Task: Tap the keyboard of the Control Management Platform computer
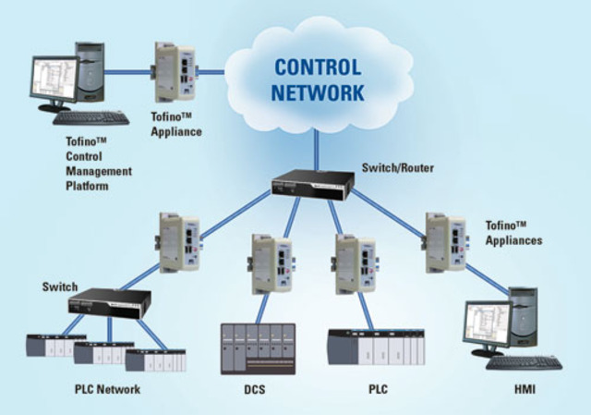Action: click(x=90, y=118)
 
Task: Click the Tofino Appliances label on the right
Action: click(x=513, y=232)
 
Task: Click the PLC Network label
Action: click(x=107, y=389)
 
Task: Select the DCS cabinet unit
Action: click(x=258, y=348)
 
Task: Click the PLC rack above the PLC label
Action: click(x=377, y=349)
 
